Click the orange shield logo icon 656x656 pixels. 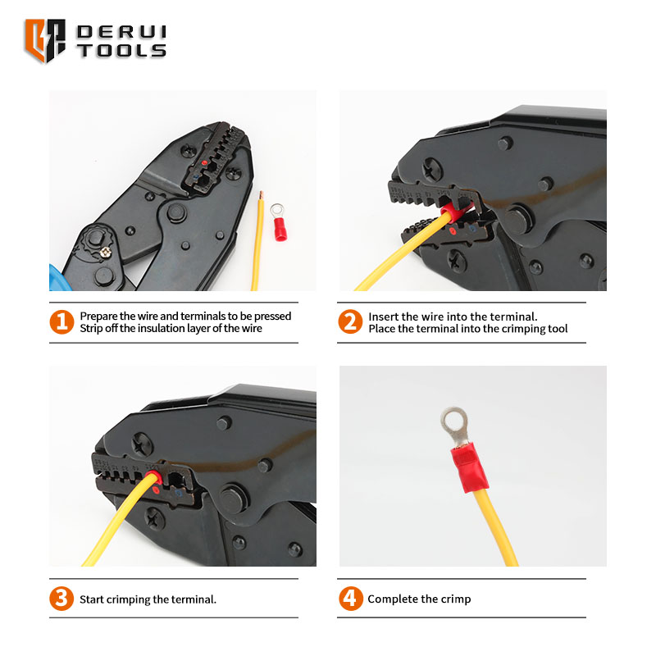[45, 40]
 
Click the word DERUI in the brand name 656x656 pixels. [121, 32]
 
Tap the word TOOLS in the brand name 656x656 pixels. [121, 51]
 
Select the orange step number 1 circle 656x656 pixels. [61, 321]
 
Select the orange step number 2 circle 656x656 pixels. [350, 321]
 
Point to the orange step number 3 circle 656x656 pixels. [61, 599]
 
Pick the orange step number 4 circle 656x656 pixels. [351, 599]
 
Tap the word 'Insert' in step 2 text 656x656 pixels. [383, 317]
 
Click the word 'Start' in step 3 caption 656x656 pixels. [91, 599]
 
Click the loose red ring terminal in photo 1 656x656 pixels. [279, 222]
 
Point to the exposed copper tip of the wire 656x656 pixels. [261, 195]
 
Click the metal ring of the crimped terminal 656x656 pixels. [453, 421]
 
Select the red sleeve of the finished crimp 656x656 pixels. [469, 467]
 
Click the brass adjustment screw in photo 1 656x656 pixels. [107, 252]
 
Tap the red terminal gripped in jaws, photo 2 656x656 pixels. [454, 212]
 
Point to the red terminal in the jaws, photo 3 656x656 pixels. [153, 477]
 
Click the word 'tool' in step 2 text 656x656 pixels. [558, 329]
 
